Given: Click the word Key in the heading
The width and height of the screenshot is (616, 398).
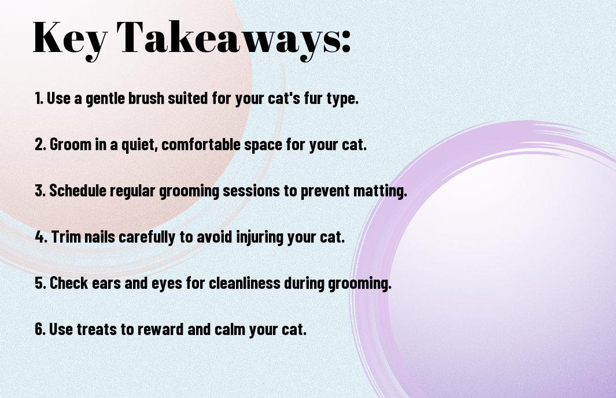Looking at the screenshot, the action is pyautogui.click(x=70, y=39).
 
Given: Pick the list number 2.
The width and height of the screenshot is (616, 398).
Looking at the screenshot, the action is pyautogui.click(x=40, y=144).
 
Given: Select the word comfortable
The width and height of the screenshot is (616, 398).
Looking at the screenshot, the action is pyautogui.click(x=201, y=144).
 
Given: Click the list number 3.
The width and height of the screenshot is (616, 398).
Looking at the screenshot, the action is pyautogui.click(x=40, y=191).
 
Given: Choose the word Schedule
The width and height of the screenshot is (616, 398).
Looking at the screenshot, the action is pyautogui.click(x=78, y=191).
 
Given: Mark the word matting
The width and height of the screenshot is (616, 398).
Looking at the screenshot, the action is pyautogui.click(x=380, y=191).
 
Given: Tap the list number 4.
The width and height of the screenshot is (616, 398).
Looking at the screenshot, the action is pyautogui.click(x=41, y=237).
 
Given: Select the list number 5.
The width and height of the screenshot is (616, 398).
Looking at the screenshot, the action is pyautogui.click(x=40, y=283).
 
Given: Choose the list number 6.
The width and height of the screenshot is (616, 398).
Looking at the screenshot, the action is pyautogui.click(x=40, y=329).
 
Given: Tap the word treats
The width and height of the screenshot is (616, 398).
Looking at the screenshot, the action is pyautogui.click(x=98, y=329).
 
